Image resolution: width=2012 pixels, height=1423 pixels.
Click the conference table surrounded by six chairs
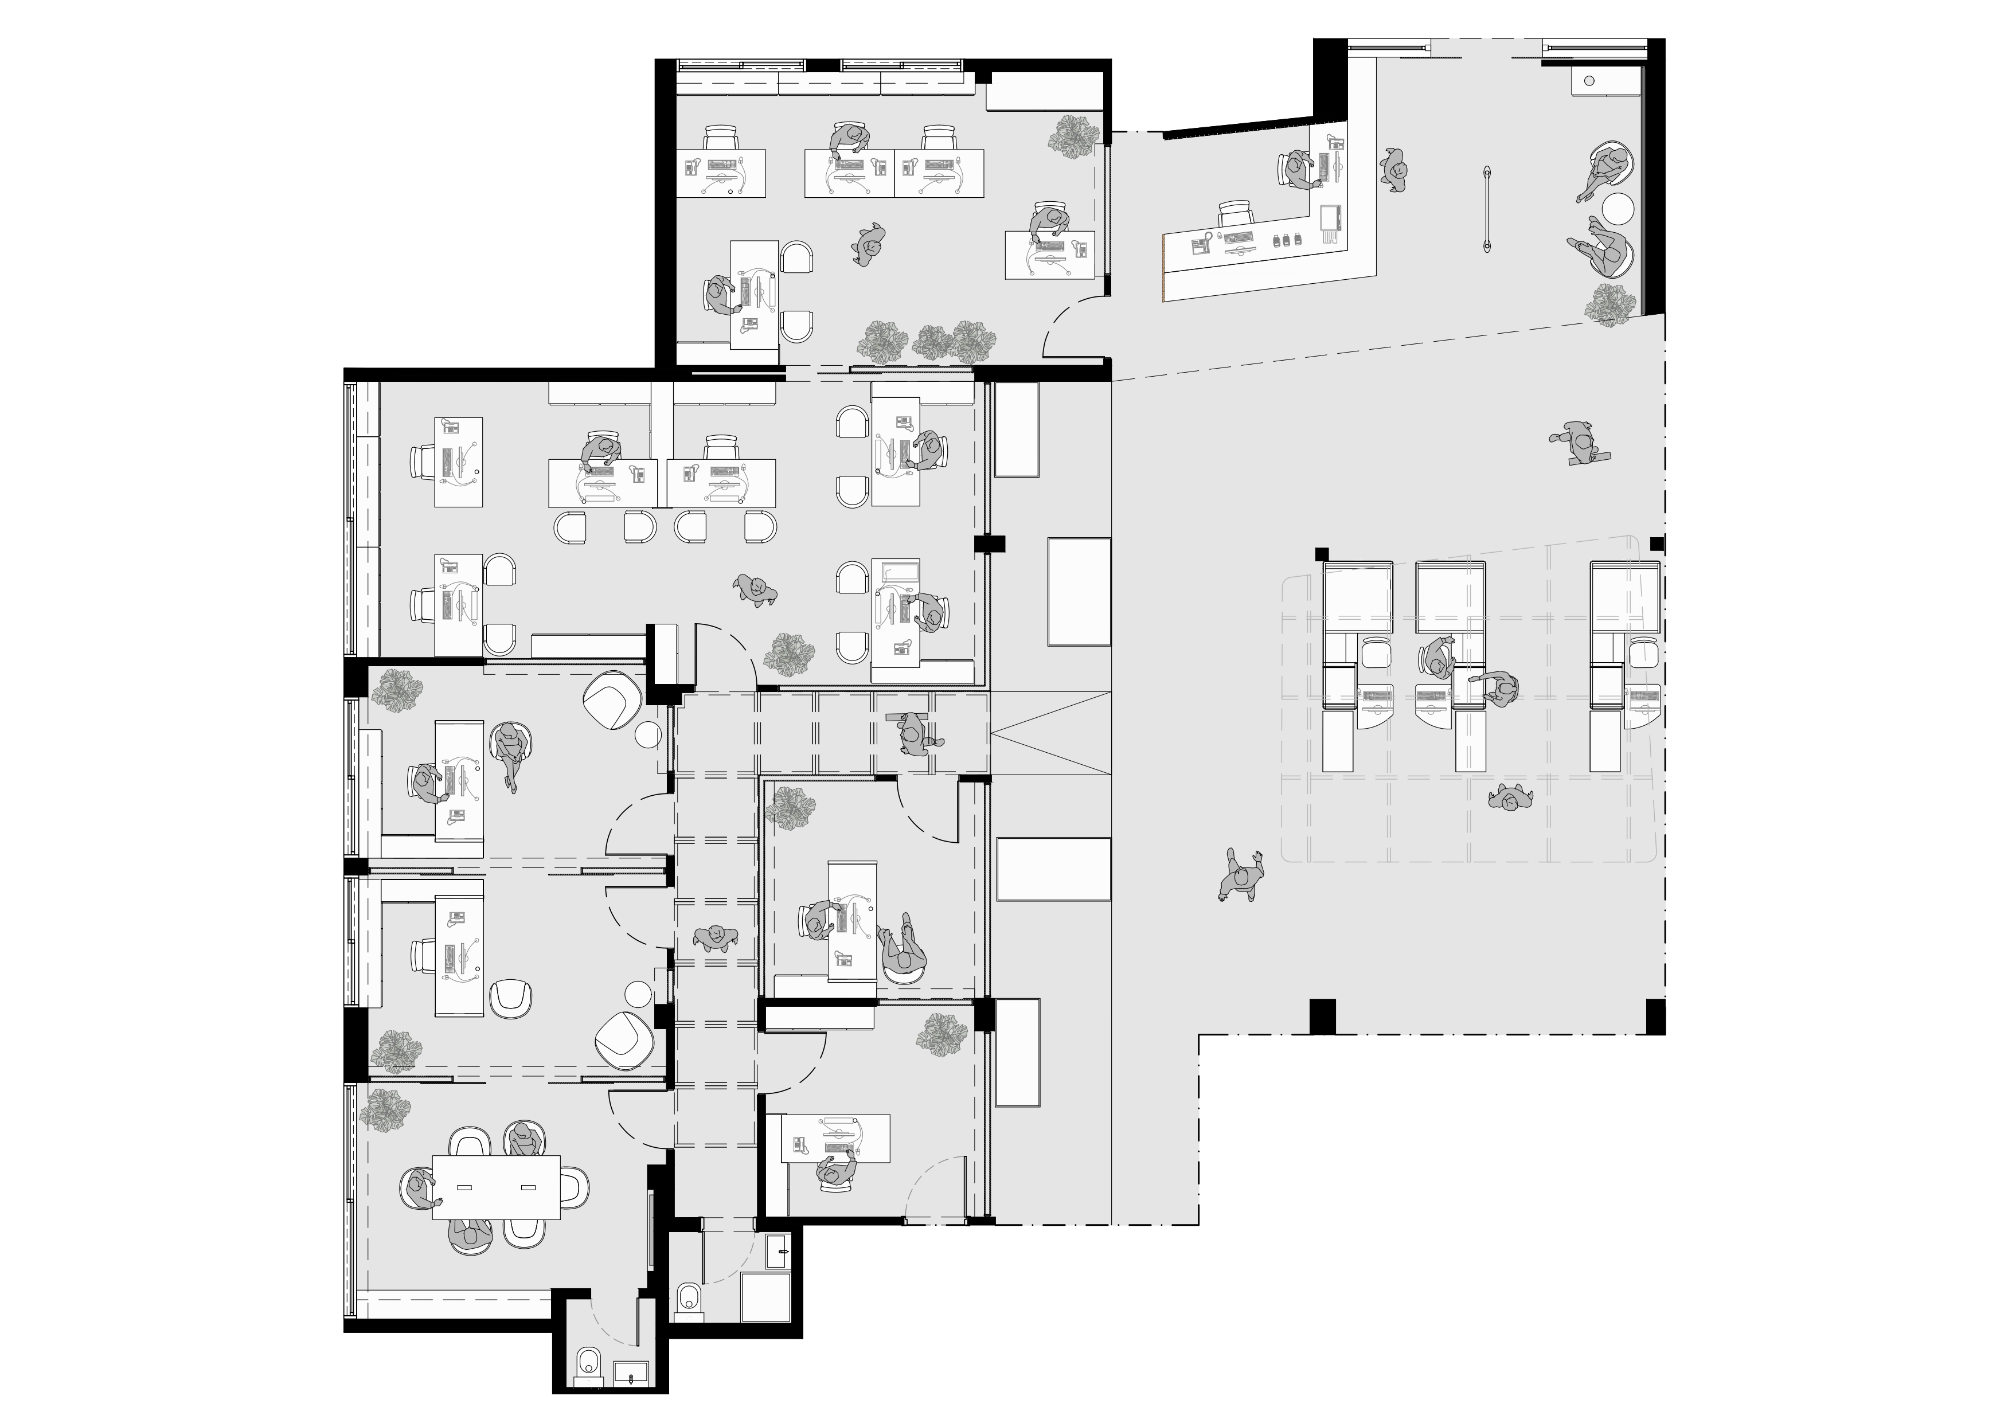point(496,1187)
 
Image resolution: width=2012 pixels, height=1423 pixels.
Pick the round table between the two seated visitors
point(1618,209)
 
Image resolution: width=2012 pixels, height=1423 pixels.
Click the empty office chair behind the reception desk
point(1236,214)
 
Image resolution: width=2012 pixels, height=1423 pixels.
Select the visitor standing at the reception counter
point(1394,171)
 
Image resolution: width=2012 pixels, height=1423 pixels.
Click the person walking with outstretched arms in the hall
point(1242,874)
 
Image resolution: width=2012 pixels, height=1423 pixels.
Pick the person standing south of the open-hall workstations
point(1510,798)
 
